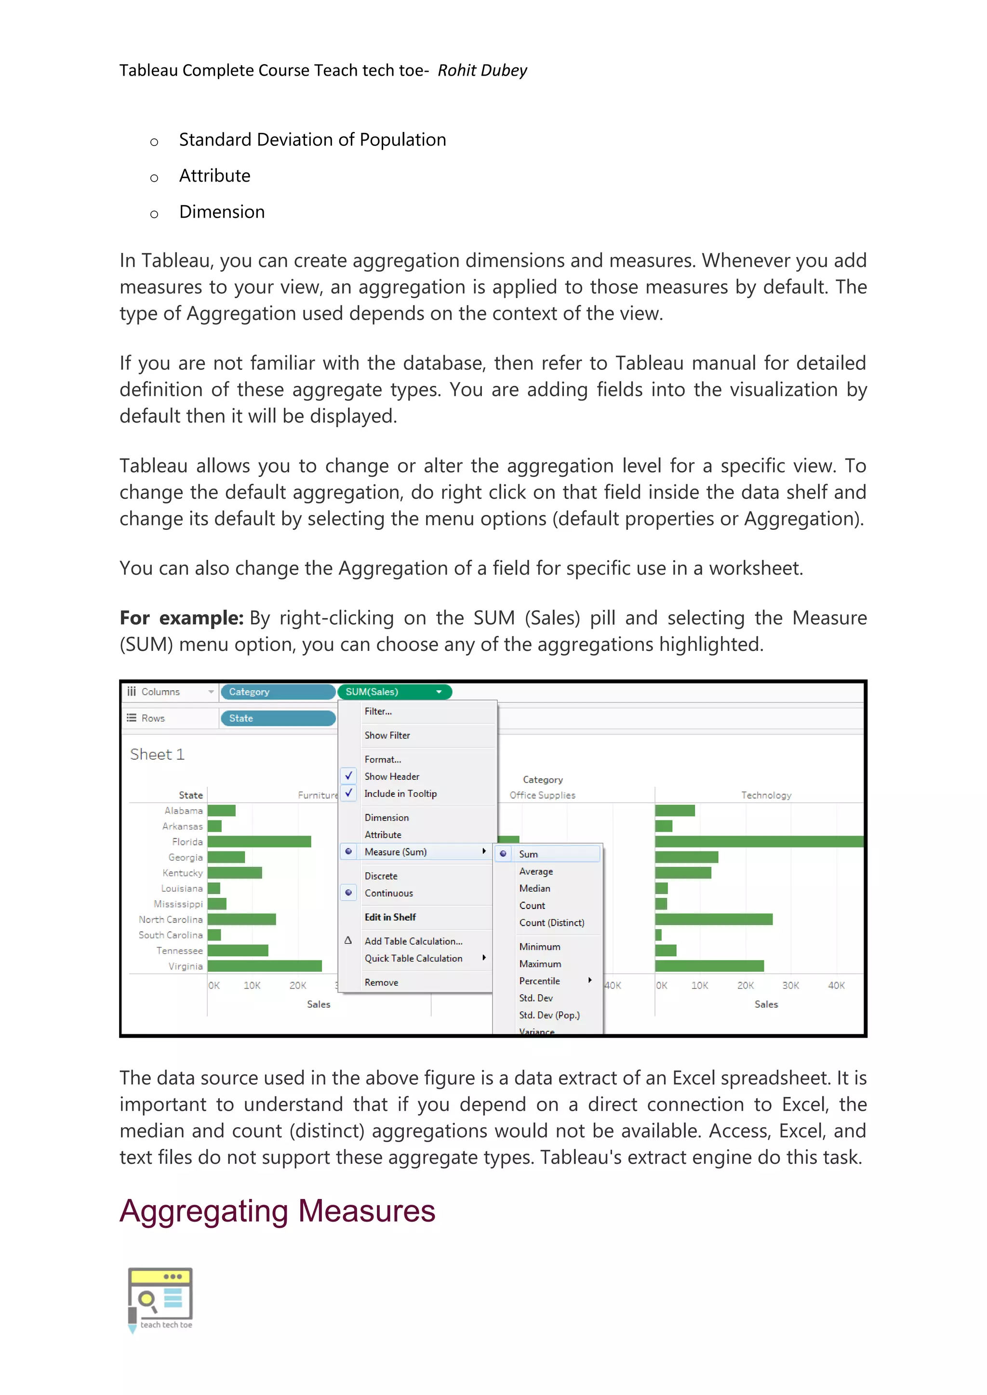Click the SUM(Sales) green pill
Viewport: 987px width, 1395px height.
pyautogui.click(x=389, y=691)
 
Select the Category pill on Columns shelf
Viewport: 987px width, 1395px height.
pyautogui.click(x=277, y=691)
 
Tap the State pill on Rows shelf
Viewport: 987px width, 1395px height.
pyautogui.click(x=277, y=718)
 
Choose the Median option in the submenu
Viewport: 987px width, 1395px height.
pyautogui.click(x=535, y=888)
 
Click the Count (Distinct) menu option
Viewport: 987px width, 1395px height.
pyautogui.click(x=551, y=922)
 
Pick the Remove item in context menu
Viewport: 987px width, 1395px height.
pyautogui.click(x=382, y=983)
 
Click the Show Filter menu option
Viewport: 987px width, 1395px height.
pyautogui.click(x=387, y=735)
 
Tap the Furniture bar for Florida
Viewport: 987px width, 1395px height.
pyautogui.click(x=259, y=842)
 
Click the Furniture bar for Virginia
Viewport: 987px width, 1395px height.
pyautogui.click(x=265, y=966)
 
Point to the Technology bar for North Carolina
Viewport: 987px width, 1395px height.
pyautogui.click(x=714, y=919)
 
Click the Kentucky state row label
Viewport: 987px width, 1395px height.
pyautogui.click(x=182, y=873)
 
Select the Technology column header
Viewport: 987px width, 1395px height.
pyautogui.click(x=766, y=795)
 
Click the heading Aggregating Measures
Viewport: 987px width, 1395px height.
pyautogui.click(x=277, y=1211)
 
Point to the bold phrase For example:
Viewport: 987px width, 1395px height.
pyautogui.click(x=181, y=618)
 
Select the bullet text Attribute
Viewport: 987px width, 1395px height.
pyautogui.click(x=214, y=176)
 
